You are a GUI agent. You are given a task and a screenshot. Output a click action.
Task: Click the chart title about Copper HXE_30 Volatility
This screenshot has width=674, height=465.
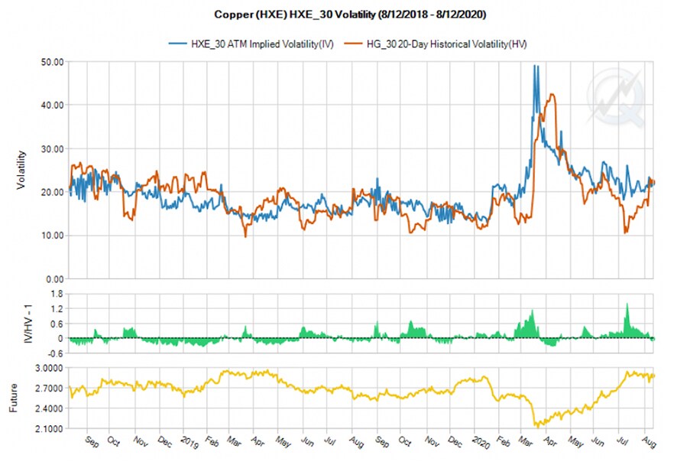[x=336, y=15]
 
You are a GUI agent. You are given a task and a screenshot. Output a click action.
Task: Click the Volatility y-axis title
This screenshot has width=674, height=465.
[x=22, y=169]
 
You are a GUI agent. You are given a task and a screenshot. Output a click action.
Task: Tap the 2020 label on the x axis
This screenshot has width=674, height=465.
[x=481, y=442]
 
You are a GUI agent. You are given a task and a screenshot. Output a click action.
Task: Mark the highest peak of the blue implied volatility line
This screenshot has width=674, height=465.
[x=536, y=67]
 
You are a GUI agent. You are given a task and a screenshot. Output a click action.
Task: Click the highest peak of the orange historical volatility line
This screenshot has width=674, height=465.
[x=551, y=95]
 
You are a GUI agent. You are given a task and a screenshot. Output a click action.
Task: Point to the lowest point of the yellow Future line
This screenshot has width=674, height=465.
[x=536, y=425]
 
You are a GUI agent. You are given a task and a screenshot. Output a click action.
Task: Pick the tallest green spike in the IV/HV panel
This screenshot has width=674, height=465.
[x=627, y=304]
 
